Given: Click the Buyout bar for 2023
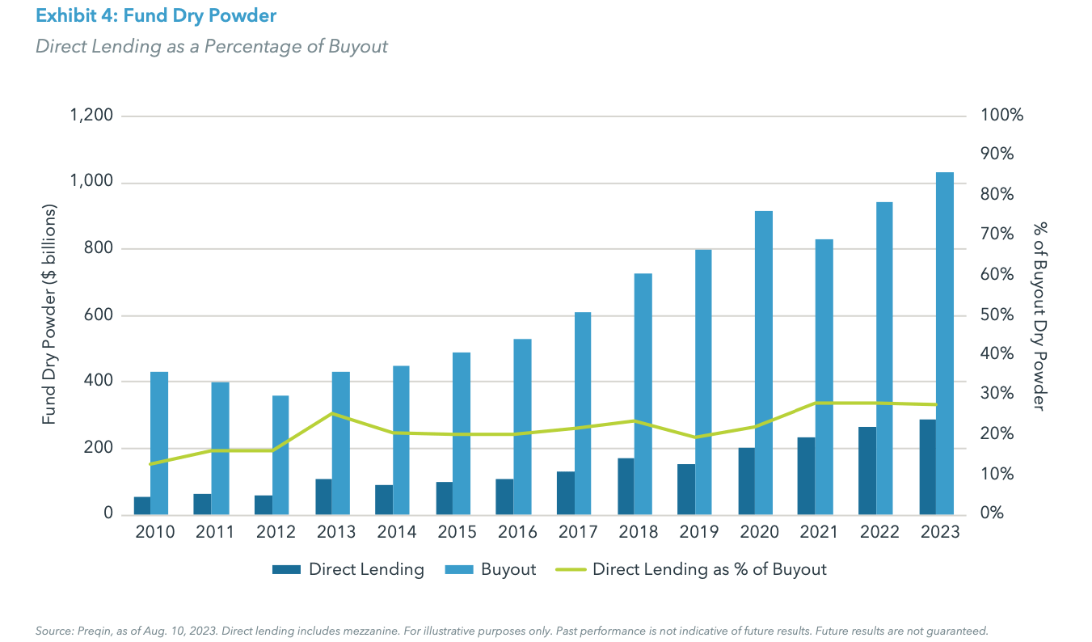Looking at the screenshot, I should point(944,343).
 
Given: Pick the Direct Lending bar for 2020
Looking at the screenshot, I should point(746,481).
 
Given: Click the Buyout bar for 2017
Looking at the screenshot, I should point(583,412).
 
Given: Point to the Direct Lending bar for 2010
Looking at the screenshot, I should point(141,505).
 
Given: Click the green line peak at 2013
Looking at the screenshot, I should point(332,413).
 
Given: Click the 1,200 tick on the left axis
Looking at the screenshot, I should point(91,116).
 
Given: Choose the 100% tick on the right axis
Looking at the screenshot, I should point(1001,116).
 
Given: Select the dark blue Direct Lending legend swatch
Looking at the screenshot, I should point(285,570).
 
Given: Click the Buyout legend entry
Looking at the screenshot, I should point(508,570).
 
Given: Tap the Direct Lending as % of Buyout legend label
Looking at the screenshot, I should point(709,570).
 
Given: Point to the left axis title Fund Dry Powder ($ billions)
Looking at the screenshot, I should point(49,315).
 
